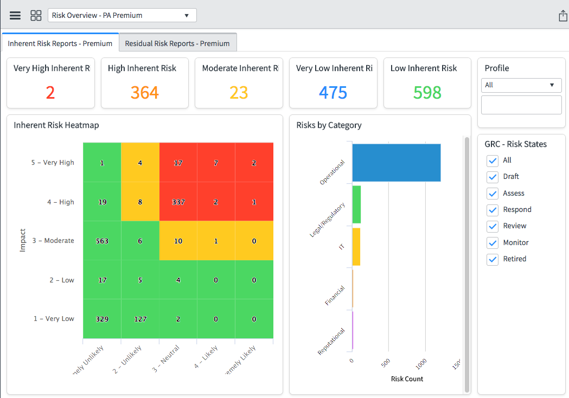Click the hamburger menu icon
coord(15,15)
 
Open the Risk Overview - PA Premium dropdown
coord(122,15)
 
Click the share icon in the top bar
coord(562,16)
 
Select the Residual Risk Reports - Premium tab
coord(177,43)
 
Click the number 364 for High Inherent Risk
coord(144,93)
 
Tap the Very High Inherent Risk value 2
coord(50,93)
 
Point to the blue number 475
coord(333,93)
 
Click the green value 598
coord(427,93)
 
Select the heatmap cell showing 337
coord(178,202)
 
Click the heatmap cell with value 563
coord(102,241)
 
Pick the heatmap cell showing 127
coord(140,319)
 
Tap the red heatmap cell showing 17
coord(178,163)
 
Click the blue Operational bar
coord(396,163)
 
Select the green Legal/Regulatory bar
coord(356,204)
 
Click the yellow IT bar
coord(356,247)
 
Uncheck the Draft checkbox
coord(493,177)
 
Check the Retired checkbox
coord(493,259)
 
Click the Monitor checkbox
coord(493,242)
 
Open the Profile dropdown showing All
coord(521,85)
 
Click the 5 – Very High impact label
coord(53,163)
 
